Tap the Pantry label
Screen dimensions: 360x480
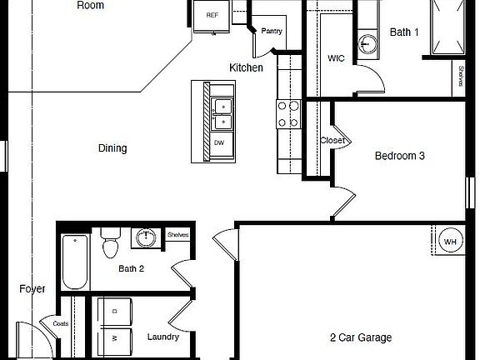tap(272, 32)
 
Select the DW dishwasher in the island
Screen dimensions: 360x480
tap(219, 142)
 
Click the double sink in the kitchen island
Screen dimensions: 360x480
tap(221, 114)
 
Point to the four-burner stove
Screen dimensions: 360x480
tap(288, 114)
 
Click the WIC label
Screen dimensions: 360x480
tap(336, 59)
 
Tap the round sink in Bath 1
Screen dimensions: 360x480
tap(368, 43)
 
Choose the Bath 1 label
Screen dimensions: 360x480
tap(406, 32)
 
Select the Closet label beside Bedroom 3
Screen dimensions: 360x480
tap(332, 141)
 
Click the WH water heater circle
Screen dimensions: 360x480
tap(451, 242)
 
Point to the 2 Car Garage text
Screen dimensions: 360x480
tap(360, 337)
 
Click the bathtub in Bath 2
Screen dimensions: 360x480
tap(75, 262)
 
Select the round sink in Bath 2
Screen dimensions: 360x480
tap(147, 238)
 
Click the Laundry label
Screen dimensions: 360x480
tap(162, 337)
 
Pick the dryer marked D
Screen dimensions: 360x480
tap(115, 311)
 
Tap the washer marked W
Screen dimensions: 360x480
tap(115, 339)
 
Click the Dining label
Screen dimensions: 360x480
tap(112, 148)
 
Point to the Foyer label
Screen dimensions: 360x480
tap(32, 289)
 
